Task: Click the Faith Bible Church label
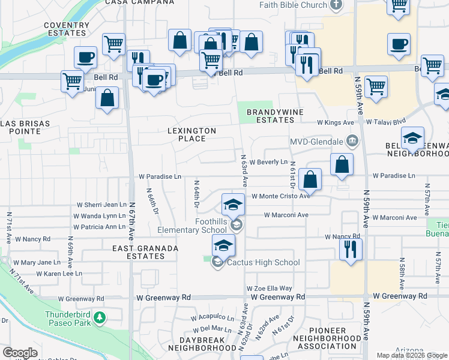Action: tap(294, 5)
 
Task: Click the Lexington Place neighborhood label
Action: tap(191, 134)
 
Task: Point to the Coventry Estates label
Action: tap(66, 29)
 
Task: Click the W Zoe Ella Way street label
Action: tap(270, 289)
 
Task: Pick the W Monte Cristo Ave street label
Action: tap(280, 196)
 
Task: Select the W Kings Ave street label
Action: tap(336, 122)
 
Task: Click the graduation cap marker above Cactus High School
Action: tap(223, 245)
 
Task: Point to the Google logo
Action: tap(20, 353)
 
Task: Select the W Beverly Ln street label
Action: tap(269, 162)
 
